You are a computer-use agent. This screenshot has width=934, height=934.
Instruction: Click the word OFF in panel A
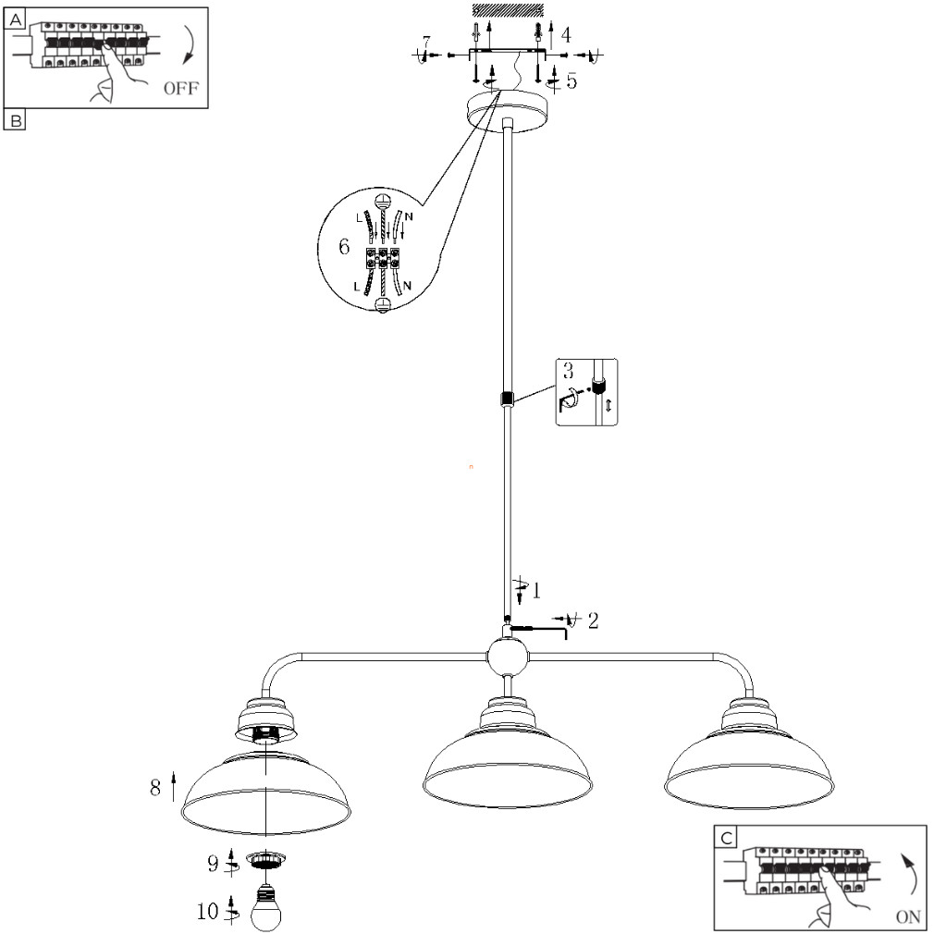181,88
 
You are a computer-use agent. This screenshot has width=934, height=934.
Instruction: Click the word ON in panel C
908,916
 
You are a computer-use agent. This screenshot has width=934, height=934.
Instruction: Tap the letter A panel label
15,19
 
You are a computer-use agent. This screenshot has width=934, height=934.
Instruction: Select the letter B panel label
15,120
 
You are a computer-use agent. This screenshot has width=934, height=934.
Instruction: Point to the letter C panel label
726,838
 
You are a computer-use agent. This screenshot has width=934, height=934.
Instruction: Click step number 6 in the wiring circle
344,247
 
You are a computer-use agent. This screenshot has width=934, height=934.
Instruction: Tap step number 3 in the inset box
569,371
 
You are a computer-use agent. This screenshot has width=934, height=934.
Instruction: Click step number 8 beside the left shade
155,788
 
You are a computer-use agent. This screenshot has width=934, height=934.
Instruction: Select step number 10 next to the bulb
208,912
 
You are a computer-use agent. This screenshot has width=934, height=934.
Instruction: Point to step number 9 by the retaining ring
213,864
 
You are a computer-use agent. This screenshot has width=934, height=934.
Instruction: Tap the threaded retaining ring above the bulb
265,859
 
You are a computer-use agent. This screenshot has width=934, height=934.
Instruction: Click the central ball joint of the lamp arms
508,657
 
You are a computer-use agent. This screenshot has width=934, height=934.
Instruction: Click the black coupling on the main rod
508,399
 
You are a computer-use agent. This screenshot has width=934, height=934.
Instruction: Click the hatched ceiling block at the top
508,10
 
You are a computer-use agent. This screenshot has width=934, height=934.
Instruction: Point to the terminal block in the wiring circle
382,257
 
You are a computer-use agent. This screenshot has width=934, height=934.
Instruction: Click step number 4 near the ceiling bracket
566,35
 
